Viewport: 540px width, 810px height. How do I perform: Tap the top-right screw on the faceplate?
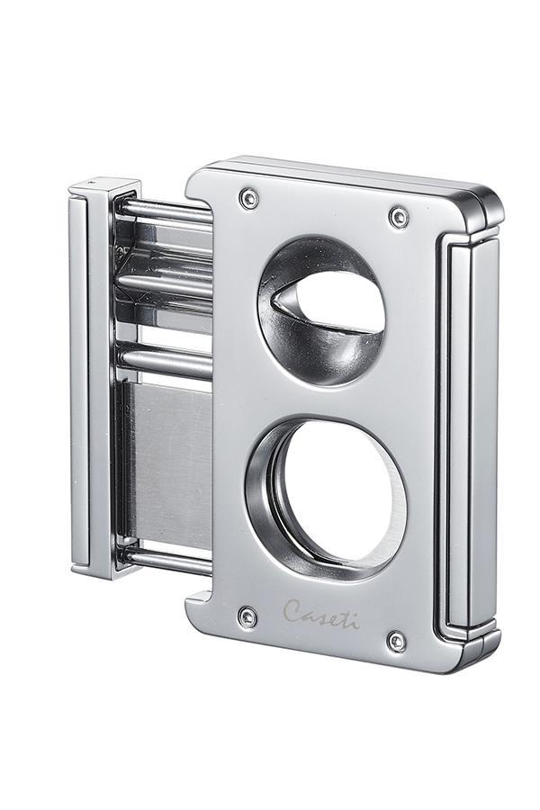[399, 216]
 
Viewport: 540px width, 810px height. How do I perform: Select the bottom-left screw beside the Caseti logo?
[248, 617]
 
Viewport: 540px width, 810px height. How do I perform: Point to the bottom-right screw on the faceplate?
[397, 641]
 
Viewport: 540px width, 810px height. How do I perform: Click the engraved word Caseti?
[321, 614]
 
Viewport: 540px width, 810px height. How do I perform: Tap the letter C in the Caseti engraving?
[292, 610]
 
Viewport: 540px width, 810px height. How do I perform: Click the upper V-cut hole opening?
[321, 310]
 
